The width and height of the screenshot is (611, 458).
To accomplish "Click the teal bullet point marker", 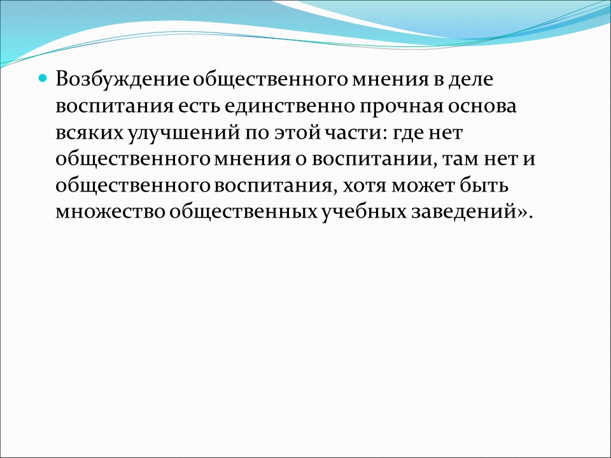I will (43, 79).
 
